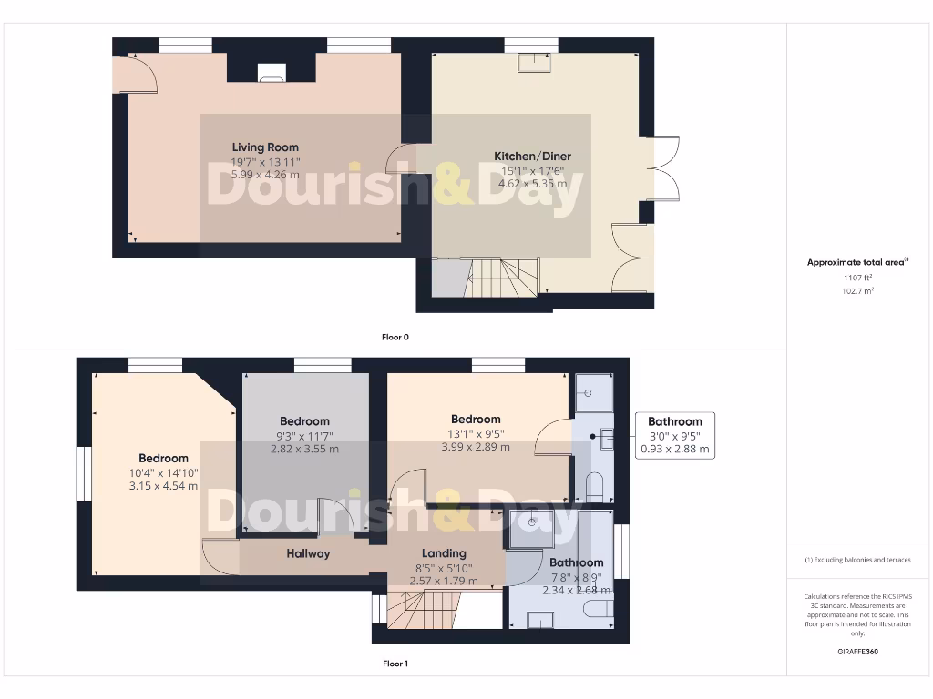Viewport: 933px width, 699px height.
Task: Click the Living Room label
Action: [x=265, y=147]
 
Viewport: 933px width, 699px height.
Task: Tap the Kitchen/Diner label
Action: [x=532, y=156]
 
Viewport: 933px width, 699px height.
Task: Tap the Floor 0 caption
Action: [x=395, y=337]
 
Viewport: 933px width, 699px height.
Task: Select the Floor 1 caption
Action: [x=395, y=664]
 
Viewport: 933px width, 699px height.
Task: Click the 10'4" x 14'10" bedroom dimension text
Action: [x=164, y=472]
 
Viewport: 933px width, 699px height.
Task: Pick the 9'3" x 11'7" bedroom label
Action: [x=304, y=420]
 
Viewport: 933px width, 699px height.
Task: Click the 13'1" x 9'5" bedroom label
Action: [x=476, y=419]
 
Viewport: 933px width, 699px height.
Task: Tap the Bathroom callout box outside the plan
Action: [x=674, y=435]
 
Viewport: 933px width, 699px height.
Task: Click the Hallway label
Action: [x=308, y=553]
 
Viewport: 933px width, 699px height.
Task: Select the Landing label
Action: [x=444, y=553]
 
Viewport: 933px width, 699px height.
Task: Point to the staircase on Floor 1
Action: [x=422, y=608]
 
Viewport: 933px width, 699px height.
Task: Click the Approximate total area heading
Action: [x=856, y=262]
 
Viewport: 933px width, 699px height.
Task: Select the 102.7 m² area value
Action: [x=856, y=291]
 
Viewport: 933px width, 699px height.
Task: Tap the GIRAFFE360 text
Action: [x=856, y=652]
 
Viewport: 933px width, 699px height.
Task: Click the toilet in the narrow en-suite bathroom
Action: [x=595, y=486]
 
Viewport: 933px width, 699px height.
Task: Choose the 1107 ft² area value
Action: [x=856, y=278]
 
